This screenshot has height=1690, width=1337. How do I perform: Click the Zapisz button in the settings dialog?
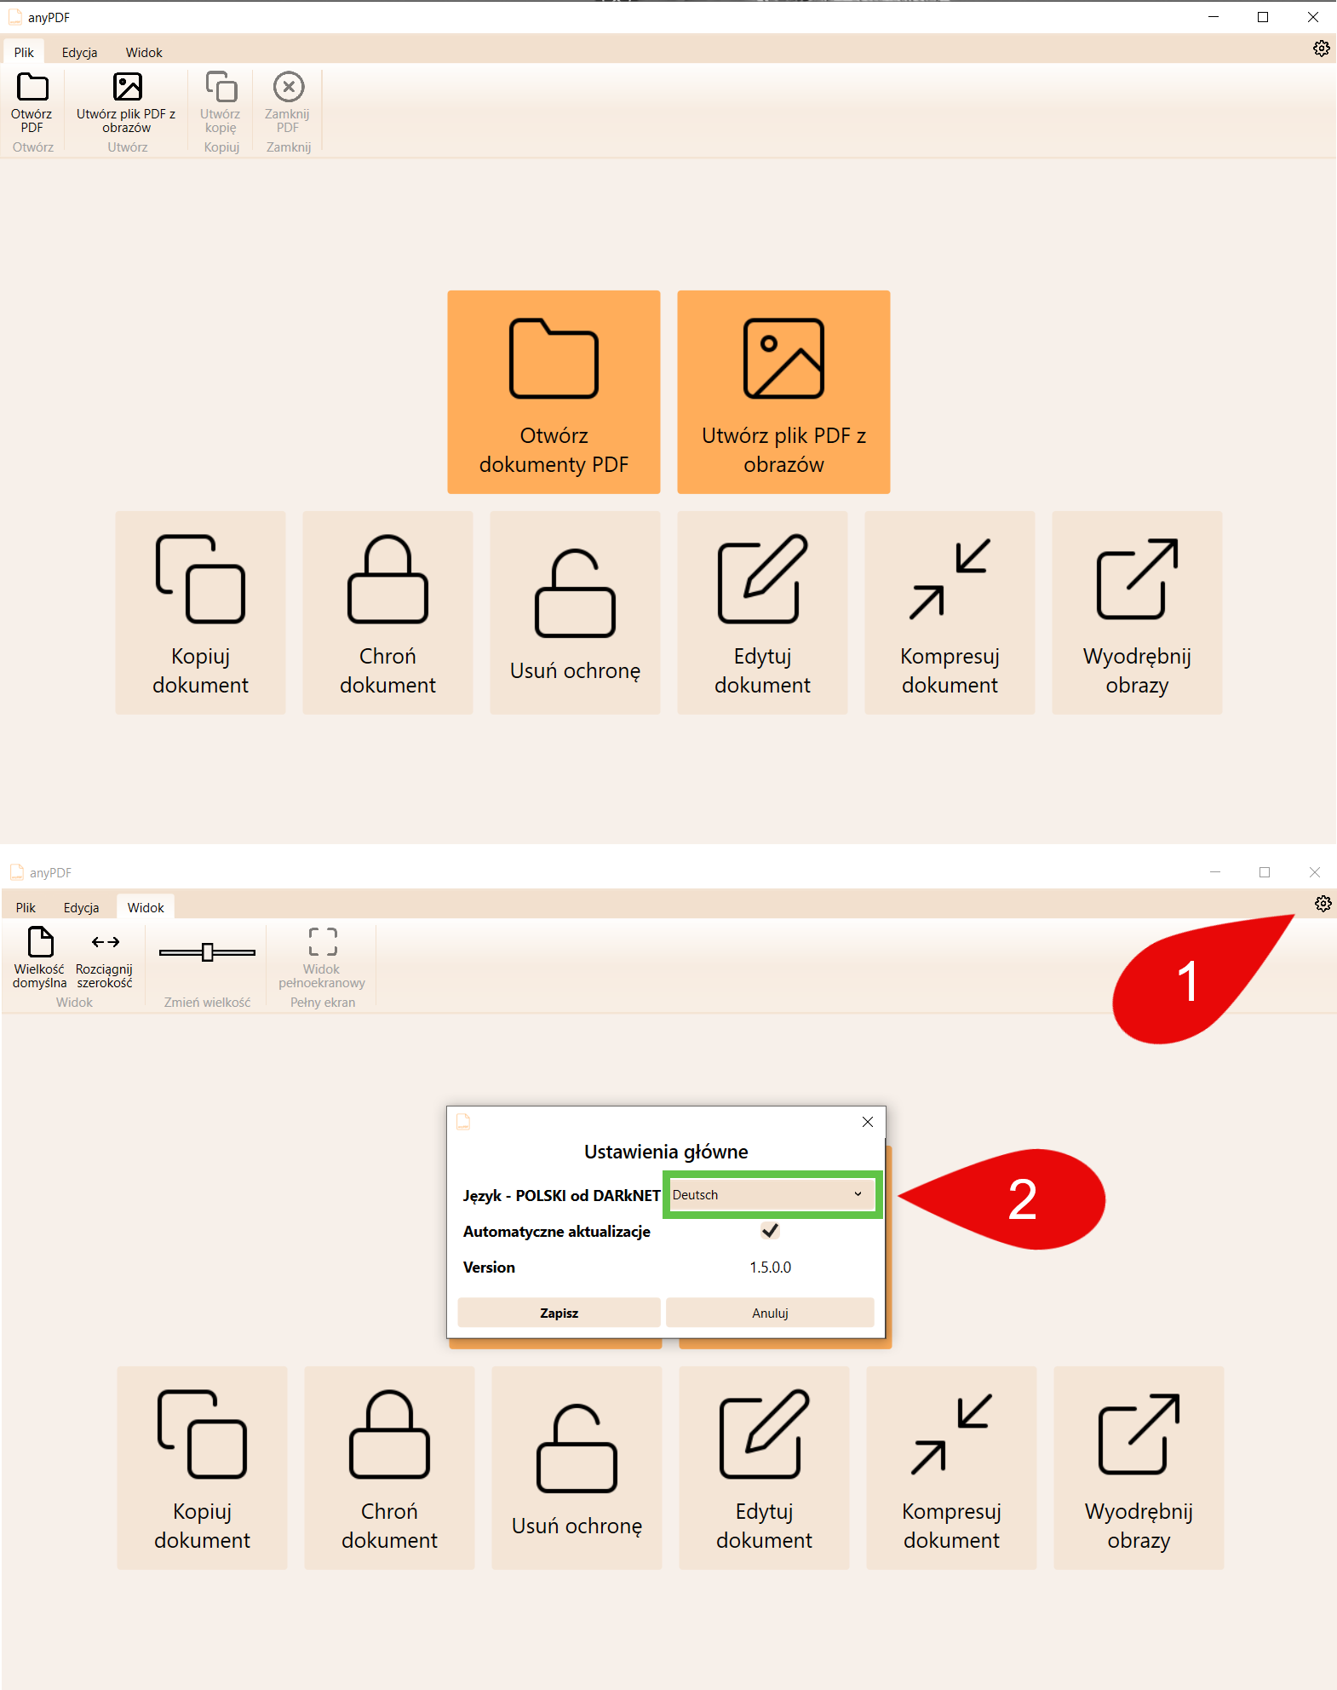(x=559, y=1313)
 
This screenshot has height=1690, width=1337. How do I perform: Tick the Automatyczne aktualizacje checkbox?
(x=770, y=1231)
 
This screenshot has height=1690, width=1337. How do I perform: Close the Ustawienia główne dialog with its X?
(x=868, y=1122)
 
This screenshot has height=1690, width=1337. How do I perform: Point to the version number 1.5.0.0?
(x=770, y=1267)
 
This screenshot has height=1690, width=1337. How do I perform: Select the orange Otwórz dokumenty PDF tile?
(x=554, y=392)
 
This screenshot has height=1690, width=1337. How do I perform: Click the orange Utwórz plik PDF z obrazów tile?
(x=783, y=392)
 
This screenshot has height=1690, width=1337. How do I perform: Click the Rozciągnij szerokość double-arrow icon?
(x=106, y=942)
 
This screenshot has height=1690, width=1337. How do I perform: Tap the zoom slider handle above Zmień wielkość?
(x=207, y=952)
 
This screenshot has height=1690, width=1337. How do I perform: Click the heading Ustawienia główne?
(x=666, y=1152)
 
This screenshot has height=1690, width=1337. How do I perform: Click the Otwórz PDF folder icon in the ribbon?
(x=33, y=87)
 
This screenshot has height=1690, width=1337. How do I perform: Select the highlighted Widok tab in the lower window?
(x=146, y=907)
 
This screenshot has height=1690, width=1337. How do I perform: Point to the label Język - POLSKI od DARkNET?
(x=562, y=1195)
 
